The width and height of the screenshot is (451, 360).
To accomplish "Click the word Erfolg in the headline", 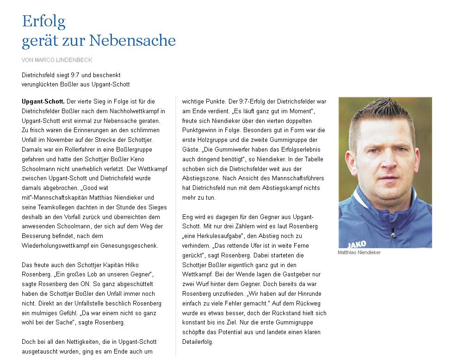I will click(x=43, y=21).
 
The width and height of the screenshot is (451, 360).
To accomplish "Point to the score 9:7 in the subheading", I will click(x=79, y=75).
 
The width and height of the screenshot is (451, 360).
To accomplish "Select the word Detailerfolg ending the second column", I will click(x=198, y=342).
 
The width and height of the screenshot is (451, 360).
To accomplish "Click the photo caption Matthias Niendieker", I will click(x=359, y=253).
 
